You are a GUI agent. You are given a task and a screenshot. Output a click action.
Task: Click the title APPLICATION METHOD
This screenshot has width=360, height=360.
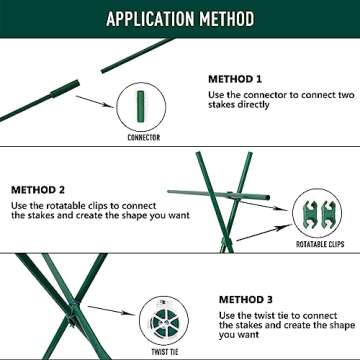[x=179, y=19]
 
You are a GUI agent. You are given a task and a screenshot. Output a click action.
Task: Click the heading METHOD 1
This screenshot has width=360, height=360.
[x=237, y=78]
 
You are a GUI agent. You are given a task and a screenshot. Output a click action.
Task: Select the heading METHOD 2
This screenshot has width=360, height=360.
[x=40, y=188]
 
